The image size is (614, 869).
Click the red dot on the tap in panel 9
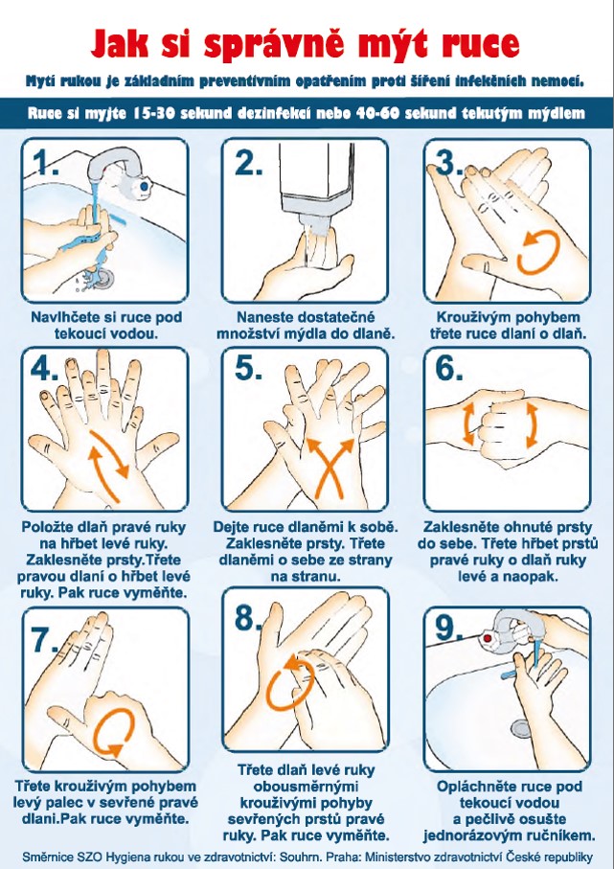click(488, 639)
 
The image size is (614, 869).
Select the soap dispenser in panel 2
click(316, 182)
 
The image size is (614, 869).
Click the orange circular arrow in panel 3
click(538, 253)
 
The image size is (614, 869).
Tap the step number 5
click(248, 368)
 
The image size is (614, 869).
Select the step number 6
click(448, 368)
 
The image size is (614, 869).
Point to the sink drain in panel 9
click(521, 728)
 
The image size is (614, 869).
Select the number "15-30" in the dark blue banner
click(153, 114)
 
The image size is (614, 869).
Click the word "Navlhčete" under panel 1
click(67, 317)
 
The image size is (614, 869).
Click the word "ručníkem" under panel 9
click(562, 835)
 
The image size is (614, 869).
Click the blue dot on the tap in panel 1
click(144, 187)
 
